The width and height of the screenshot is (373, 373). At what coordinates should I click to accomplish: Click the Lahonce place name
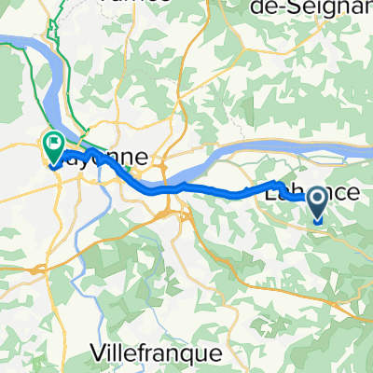(300, 193)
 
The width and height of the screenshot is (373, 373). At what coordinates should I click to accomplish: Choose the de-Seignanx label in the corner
(308, 7)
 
